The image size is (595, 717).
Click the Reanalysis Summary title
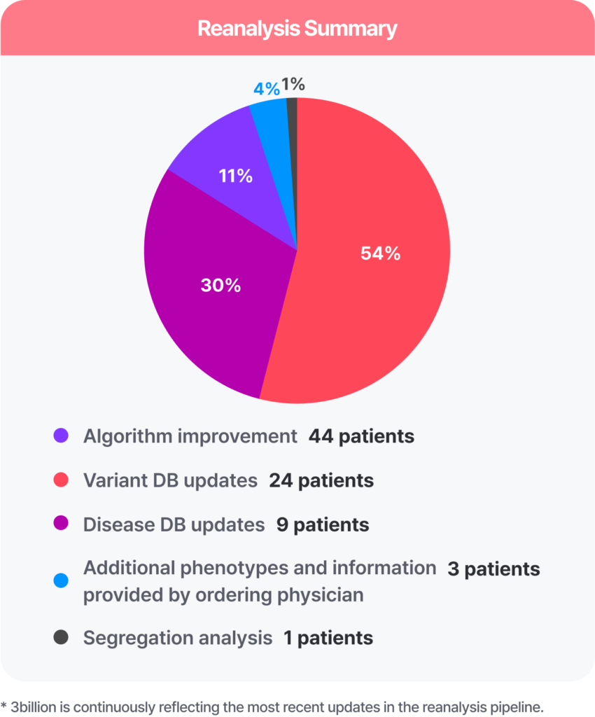(297, 29)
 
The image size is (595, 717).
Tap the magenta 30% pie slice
(210, 301)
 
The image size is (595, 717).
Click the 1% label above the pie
(293, 85)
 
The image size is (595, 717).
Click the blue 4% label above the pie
(267, 89)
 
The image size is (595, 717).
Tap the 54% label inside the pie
(380, 253)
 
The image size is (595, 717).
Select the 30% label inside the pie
(220, 285)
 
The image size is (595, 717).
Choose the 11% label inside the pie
(235, 176)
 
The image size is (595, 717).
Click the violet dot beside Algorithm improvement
(61, 436)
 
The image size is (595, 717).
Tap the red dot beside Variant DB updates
(61, 481)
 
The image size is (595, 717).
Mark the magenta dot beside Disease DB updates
(61, 524)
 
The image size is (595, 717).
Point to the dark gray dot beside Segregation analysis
(61, 638)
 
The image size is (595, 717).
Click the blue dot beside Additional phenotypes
(61, 580)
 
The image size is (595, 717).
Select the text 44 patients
(361, 436)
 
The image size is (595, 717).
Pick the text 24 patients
(321, 481)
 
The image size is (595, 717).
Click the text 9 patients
(322, 524)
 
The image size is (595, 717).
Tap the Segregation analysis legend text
(178, 638)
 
